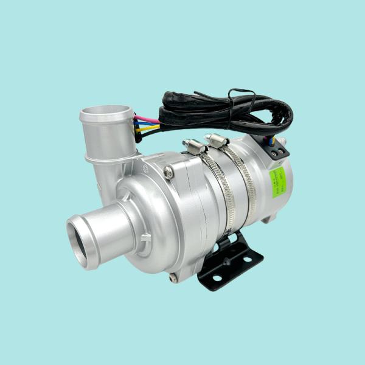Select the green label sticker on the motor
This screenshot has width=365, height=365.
(276, 182)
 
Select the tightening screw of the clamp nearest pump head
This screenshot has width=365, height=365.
(193, 147)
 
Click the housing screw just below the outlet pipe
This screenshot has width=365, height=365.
(169, 172)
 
